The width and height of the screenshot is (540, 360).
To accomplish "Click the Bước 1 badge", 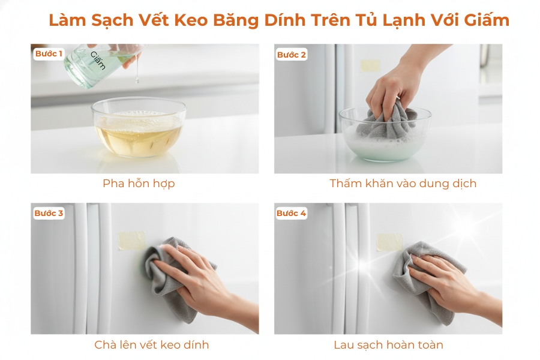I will [49, 54].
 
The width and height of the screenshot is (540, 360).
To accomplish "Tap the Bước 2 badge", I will [292, 55].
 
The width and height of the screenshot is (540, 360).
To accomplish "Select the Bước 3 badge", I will [49, 213].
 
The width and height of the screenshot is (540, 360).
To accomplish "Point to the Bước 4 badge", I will [292, 213].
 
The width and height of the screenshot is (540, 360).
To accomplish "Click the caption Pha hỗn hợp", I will [139, 184].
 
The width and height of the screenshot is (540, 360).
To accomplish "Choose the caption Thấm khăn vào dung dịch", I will [403, 184].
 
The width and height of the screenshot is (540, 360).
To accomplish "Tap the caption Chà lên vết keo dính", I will [152, 344].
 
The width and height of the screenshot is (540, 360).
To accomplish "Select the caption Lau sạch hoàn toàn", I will [388, 344].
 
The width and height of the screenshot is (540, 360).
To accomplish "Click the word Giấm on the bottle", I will [98, 61].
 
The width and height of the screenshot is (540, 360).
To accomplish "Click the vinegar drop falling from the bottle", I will [137, 77].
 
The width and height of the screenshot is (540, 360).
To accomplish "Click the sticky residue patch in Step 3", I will [131, 240].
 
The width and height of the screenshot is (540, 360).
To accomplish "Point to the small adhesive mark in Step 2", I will [370, 65].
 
